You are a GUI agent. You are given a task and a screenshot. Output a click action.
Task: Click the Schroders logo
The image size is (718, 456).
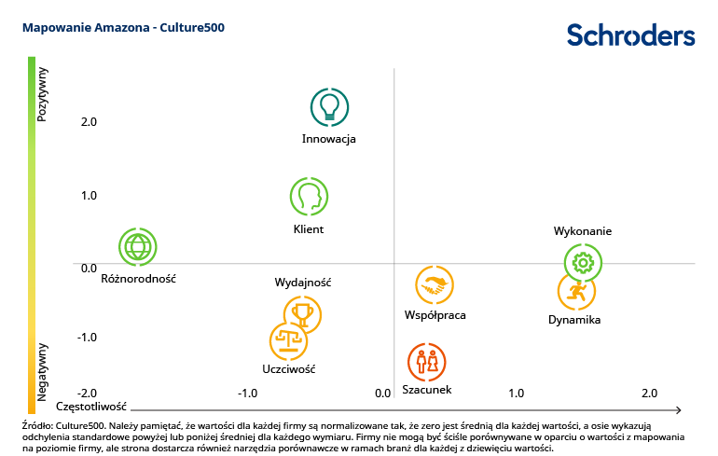pyautogui.click(x=631, y=35)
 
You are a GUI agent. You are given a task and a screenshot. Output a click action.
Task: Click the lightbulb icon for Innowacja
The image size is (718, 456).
pyautogui.click(x=328, y=107)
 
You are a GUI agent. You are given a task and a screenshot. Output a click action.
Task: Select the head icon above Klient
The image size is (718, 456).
pyautogui.click(x=309, y=197)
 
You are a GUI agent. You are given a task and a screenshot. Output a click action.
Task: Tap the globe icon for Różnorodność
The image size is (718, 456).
pyautogui.click(x=138, y=246)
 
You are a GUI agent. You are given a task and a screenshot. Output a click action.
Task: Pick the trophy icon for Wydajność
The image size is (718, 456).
pyautogui.click(x=302, y=314)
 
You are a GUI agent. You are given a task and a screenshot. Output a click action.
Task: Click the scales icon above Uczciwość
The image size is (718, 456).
pyautogui.click(x=288, y=341)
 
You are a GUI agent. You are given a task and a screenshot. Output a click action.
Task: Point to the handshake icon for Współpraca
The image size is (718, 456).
pyautogui.click(x=435, y=285)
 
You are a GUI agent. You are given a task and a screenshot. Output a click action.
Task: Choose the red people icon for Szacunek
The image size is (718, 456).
pyautogui.click(x=426, y=362)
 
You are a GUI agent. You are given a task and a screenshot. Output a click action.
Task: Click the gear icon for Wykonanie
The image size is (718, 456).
pyautogui.click(x=583, y=263)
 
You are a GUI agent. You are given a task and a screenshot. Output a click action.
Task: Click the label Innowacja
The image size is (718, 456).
pyautogui.click(x=328, y=139)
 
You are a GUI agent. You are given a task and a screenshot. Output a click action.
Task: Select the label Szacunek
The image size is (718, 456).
pyautogui.click(x=426, y=389)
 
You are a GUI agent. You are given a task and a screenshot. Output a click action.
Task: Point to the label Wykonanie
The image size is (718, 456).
pyautogui.click(x=583, y=231)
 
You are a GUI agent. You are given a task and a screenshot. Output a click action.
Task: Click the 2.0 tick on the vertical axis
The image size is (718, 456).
pyautogui.click(x=62, y=121)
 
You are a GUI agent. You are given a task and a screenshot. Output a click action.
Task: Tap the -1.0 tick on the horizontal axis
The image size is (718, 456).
pyautogui.click(x=248, y=394)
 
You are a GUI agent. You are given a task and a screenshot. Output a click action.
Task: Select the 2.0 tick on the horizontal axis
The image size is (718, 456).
pyautogui.click(x=649, y=394)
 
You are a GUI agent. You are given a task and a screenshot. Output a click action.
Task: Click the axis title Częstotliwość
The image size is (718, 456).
pyautogui.click(x=90, y=408)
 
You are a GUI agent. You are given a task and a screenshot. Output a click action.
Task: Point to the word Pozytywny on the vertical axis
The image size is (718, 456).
pyautogui.click(x=42, y=93)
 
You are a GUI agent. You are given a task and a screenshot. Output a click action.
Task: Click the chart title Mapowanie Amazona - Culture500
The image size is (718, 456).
pyautogui.click(x=123, y=28)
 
